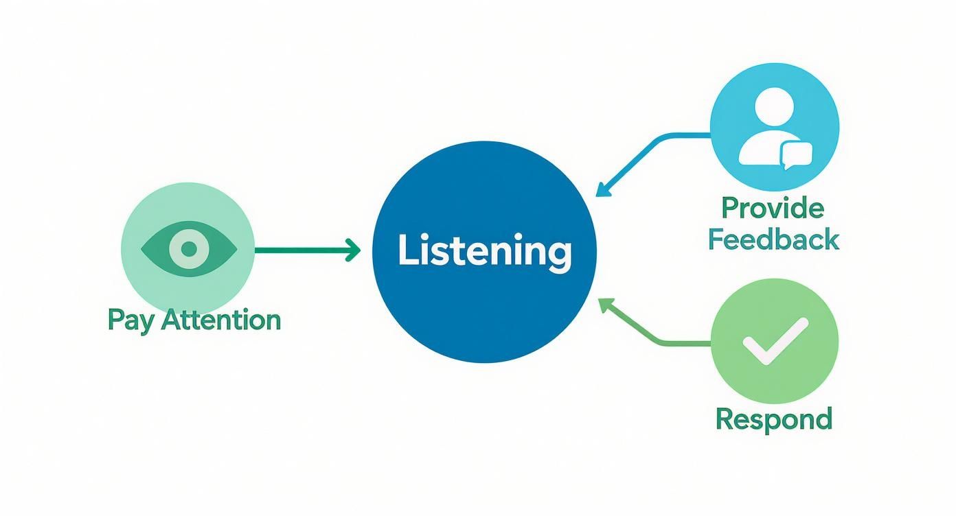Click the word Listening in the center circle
tap(484, 252)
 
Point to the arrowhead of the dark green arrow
tap(353, 250)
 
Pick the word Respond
tap(774, 418)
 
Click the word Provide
tap(773, 208)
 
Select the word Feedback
tap(773, 239)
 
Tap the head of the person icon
tap(773, 107)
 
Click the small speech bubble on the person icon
tap(796, 154)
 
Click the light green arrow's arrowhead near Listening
tap(604, 303)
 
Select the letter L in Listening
tap(406, 251)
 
